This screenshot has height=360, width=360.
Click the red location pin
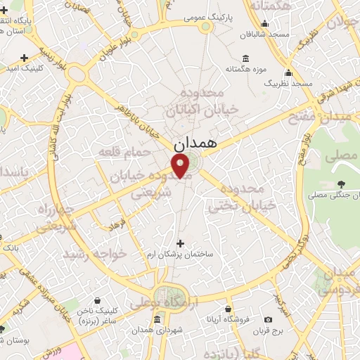tap(181, 166)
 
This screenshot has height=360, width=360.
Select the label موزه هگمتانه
tap(244, 69)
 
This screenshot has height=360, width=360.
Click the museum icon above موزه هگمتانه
tap(244, 58)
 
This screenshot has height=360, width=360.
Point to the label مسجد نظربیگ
tap(288, 83)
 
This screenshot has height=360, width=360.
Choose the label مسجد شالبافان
tap(264, 34)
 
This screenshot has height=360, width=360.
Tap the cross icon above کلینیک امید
tap(25, 58)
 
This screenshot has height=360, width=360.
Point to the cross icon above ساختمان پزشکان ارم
tap(180, 243)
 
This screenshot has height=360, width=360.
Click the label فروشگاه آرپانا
tap(229, 320)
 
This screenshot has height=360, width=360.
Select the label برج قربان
tap(268, 329)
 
